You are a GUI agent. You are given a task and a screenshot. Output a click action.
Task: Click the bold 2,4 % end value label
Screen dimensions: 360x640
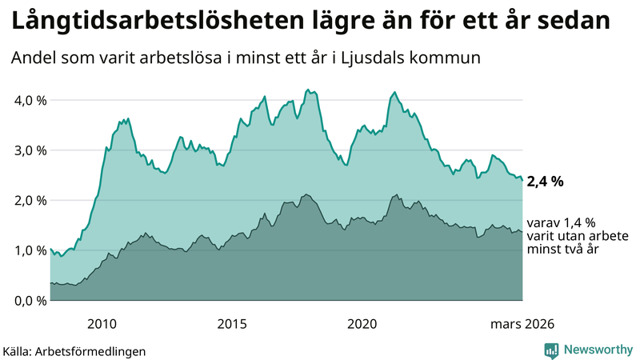tap(545, 182)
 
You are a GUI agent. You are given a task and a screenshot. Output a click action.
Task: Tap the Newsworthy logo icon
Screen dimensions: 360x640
tap(551, 350)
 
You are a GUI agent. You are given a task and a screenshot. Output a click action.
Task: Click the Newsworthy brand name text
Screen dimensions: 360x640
tap(597, 350)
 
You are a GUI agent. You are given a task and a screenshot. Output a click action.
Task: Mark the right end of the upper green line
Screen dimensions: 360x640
tap(522, 180)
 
